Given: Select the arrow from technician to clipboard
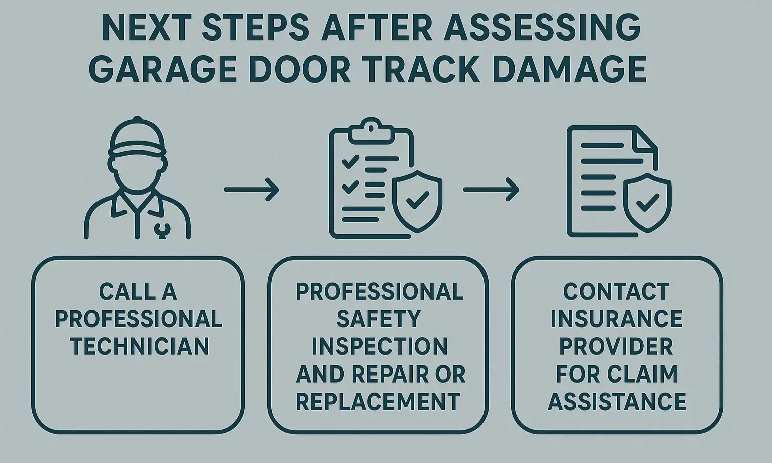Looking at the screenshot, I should click(251, 190).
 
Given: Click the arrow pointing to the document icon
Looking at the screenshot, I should click(491, 190).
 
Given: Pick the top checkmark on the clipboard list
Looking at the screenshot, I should click(350, 162).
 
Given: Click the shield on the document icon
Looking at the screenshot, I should click(647, 202).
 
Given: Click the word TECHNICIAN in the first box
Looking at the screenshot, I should click(139, 346).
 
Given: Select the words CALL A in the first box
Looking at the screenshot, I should click(138, 291).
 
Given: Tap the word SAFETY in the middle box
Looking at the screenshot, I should click(378, 319).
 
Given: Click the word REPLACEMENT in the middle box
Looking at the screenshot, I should click(378, 402).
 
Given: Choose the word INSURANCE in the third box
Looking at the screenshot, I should click(617, 319).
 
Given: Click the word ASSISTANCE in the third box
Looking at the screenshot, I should click(617, 402).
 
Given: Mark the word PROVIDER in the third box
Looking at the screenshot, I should click(617, 346).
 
